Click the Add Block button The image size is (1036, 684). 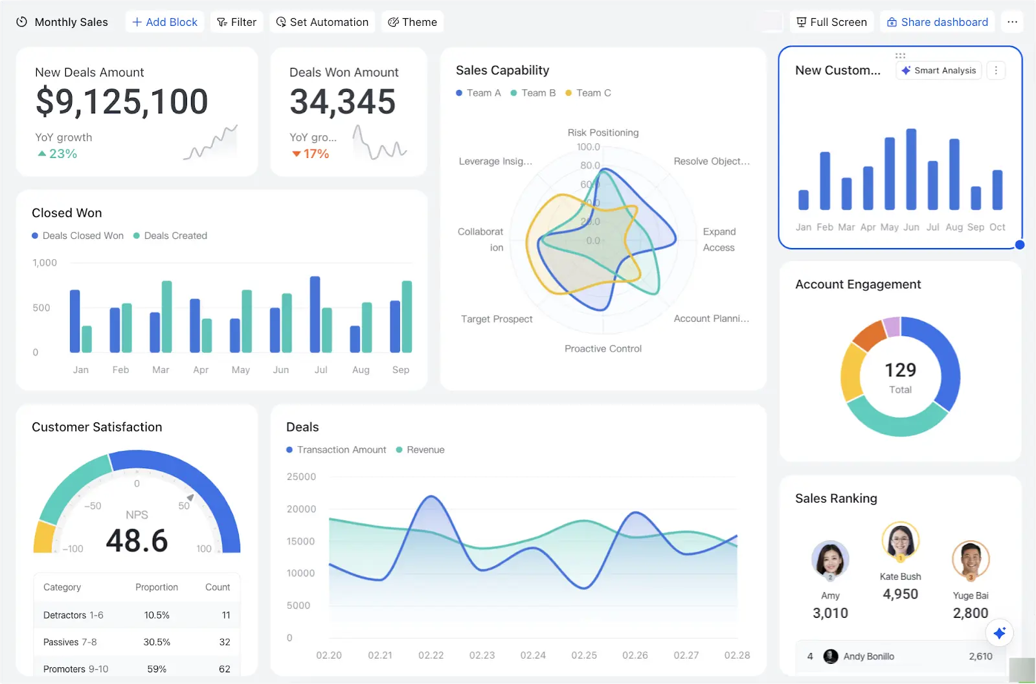pos(165,22)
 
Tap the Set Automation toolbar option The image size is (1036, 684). pos(322,22)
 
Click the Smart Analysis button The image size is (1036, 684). pos(938,71)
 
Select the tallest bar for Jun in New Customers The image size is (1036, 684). pos(911,169)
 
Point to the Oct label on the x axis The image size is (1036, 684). pos(997,227)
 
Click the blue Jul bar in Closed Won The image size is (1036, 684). pos(315,314)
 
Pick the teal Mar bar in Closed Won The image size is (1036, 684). pos(166,317)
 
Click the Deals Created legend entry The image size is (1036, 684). pos(170,236)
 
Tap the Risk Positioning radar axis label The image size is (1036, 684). pos(603,133)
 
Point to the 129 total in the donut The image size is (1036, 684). pos(900,370)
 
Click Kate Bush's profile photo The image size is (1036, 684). pos(900,540)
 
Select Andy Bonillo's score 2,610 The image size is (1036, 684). pos(980,656)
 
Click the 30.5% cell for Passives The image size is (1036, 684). pos(157,642)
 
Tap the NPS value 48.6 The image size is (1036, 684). pos(137,541)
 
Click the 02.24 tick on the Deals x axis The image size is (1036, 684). pos(533,655)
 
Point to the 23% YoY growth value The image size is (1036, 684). pos(63,154)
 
